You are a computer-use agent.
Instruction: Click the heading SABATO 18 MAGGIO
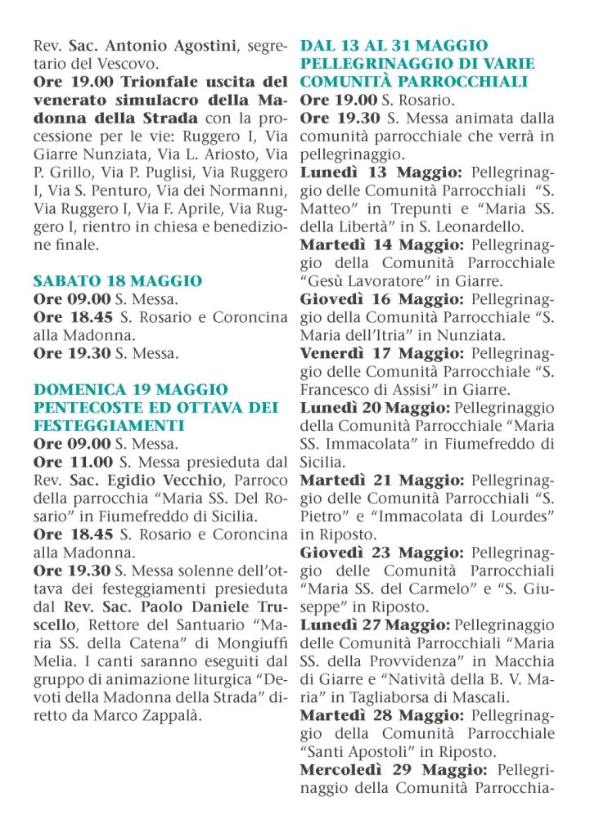tap(117, 281)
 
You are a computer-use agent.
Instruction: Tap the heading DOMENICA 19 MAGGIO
tap(131, 390)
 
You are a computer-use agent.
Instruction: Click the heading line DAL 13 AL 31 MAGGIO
tap(394, 46)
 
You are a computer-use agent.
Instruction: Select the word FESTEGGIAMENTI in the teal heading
tap(108, 426)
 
